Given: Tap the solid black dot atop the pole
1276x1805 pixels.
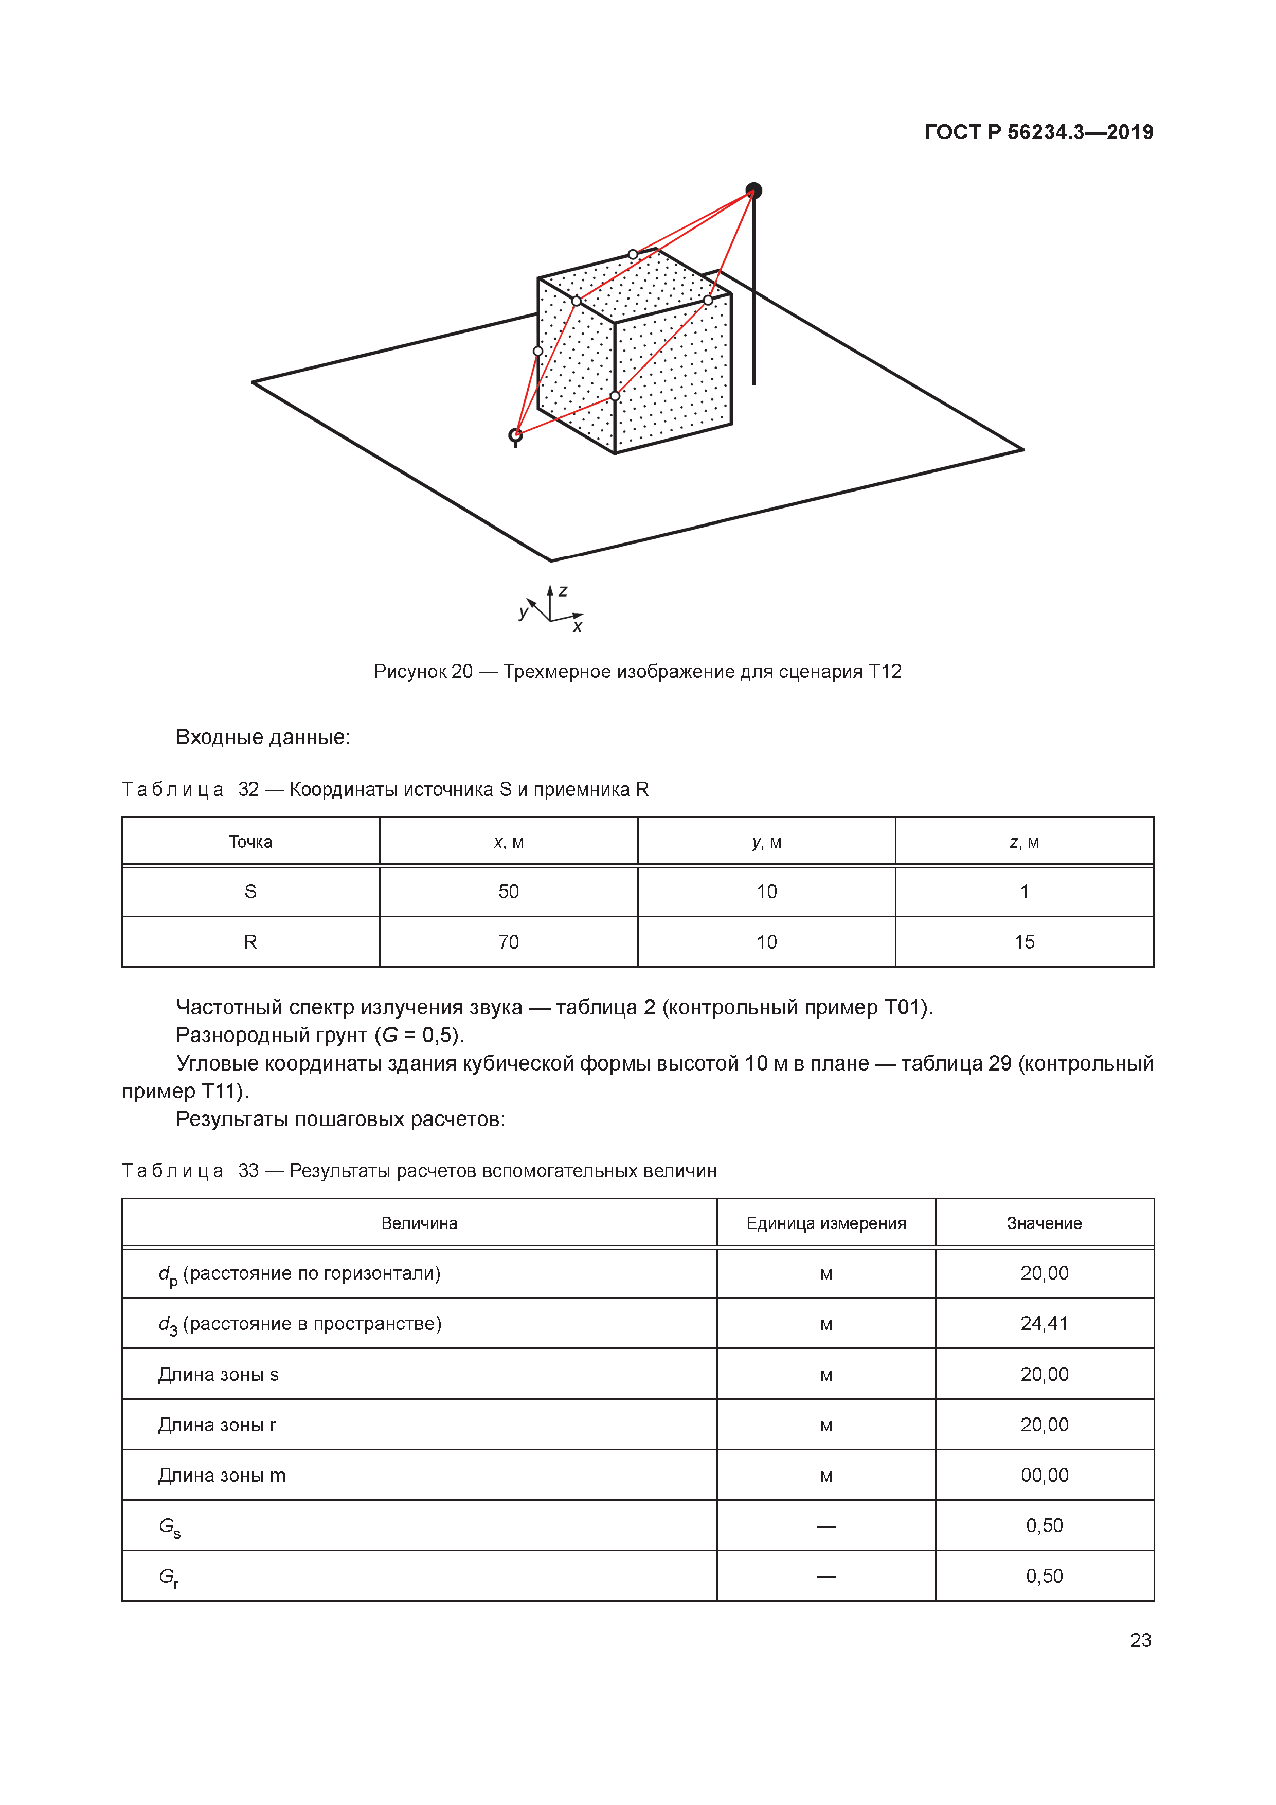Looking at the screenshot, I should click(753, 190).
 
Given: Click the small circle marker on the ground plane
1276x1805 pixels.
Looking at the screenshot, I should click(515, 435).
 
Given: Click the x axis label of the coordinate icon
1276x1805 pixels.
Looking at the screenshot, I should click(578, 626).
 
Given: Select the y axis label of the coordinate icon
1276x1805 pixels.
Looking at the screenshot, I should click(523, 611).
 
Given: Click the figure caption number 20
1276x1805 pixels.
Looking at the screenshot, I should click(462, 671).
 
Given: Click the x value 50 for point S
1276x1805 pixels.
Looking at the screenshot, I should click(508, 891).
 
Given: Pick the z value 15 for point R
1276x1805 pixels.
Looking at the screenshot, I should click(1024, 942).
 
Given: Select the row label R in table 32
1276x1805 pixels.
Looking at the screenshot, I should click(250, 942).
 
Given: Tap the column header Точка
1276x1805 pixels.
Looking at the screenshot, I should click(250, 842).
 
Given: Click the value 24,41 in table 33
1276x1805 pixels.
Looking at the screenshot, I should click(1044, 1323).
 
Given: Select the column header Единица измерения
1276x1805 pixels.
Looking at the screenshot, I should click(826, 1223).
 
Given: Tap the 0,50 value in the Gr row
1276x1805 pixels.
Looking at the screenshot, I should click(1044, 1576).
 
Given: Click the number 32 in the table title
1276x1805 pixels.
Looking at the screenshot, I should click(248, 790).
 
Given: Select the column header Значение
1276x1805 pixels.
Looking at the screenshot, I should click(1044, 1223).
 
